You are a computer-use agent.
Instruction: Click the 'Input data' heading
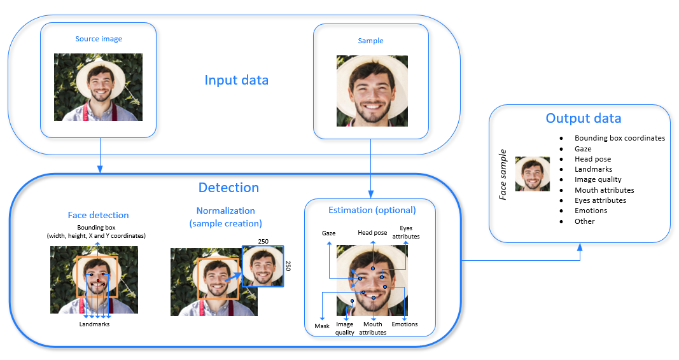pyautogui.click(x=236, y=80)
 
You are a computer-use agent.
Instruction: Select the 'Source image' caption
pyautogui.click(x=99, y=39)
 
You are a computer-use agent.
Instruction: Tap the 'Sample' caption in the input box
pyautogui.click(x=370, y=41)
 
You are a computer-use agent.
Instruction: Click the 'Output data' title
pyautogui.click(x=583, y=118)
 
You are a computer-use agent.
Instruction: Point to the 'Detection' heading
pyautogui.click(x=228, y=188)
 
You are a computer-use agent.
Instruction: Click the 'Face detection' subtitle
pyautogui.click(x=98, y=215)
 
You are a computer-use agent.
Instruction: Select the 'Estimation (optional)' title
pyautogui.click(x=372, y=210)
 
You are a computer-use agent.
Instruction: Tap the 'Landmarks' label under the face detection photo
pyautogui.click(x=94, y=324)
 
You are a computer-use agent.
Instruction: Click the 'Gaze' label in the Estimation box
pyautogui.click(x=328, y=233)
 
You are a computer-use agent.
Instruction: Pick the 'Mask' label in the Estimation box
pyautogui.click(x=322, y=326)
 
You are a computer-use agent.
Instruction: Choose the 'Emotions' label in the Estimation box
pyautogui.click(x=405, y=324)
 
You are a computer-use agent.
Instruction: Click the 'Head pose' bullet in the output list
pyautogui.click(x=592, y=159)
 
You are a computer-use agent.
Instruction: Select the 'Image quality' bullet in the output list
pyautogui.click(x=598, y=179)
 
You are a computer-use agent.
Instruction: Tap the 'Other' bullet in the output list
pyautogui.click(x=584, y=221)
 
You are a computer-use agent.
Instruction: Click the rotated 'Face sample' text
pyautogui.click(x=503, y=175)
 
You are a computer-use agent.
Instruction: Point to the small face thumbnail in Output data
pyautogui.click(x=532, y=174)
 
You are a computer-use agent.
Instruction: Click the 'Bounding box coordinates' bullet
pyautogui.click(x=619, y=138)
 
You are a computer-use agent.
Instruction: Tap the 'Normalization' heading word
pyautogui.click(x=225, y=211)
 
